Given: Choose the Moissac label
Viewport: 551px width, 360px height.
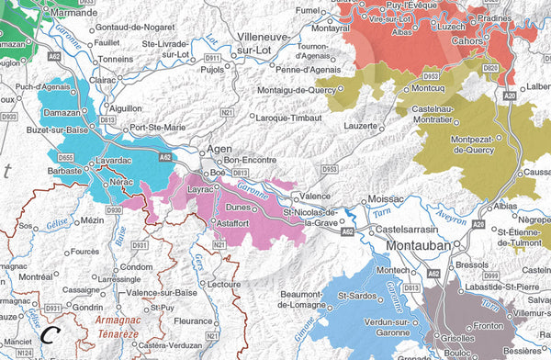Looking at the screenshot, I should point(385,199).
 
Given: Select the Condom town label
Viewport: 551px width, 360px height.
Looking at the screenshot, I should point(136,267).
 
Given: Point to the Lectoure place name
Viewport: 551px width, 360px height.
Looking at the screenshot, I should point(226,285).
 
